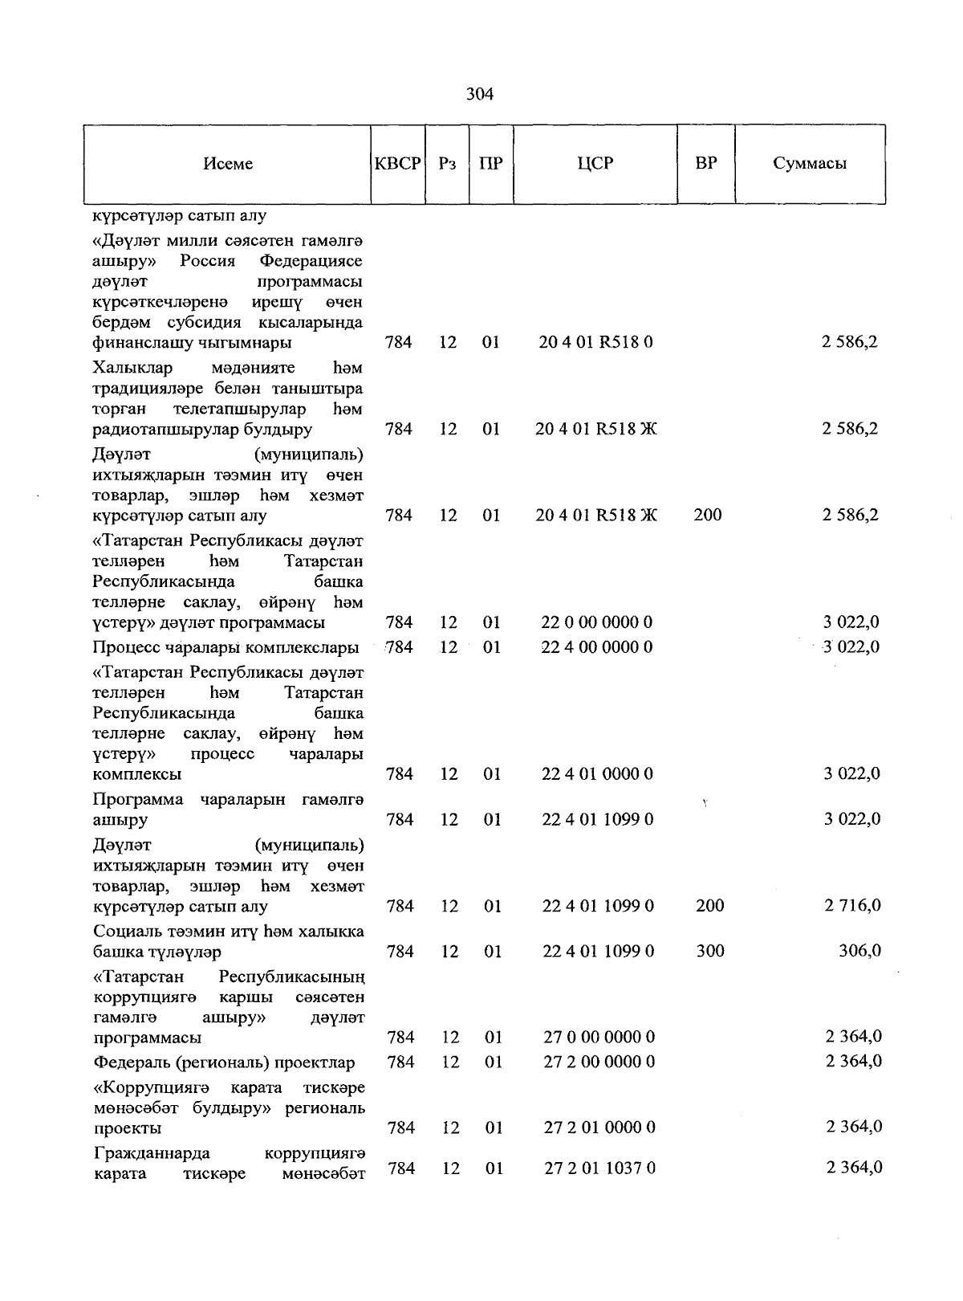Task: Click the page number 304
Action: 480,95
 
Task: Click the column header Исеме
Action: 228,164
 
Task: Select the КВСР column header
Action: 398,164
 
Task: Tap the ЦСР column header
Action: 595,164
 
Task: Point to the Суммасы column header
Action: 810,164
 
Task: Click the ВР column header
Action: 706,164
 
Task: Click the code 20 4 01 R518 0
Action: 596,342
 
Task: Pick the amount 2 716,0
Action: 852,906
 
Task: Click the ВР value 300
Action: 710,951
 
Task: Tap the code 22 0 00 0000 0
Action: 597,622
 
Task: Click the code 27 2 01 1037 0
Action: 599,1168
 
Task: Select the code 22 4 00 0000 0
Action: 597,646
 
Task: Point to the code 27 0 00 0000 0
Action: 599,1038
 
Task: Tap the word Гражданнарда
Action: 152,1154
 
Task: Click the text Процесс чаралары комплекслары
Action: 226,647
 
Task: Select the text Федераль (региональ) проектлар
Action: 224,1062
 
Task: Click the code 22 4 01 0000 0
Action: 597,774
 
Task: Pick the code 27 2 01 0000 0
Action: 599,1128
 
